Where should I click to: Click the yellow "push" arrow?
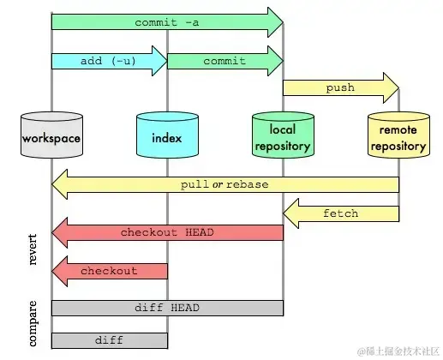click(339, 87)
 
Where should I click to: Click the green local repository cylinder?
click(283, 137)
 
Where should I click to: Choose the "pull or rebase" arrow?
click(224, 184)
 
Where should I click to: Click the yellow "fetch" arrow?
click(341, 213)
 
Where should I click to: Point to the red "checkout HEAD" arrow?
click(167, 232)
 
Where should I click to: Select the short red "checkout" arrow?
click(109, 271)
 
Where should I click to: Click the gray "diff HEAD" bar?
click(167, 308)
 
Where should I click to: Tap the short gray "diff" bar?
click(109, 340)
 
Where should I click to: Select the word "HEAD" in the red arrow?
click(198, 232)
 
